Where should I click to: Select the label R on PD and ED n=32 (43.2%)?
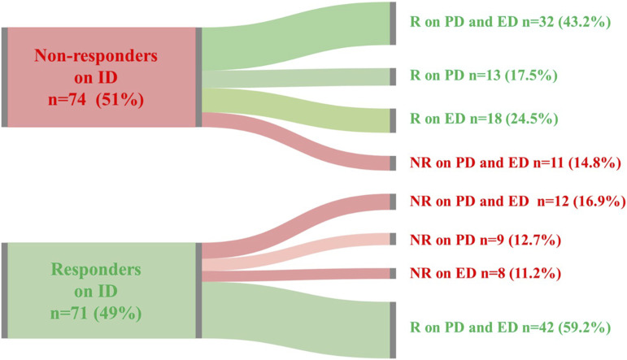[x=511, y=23]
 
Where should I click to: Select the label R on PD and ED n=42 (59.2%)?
[x=511, y=328]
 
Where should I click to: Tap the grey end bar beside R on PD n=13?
[x=394, y=76]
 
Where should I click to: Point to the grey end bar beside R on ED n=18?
[x=394, y=119]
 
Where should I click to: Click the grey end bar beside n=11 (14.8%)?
[x=394, y=162]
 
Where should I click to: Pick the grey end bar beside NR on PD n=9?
[x=394, y=239]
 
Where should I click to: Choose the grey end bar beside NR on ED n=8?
[x=394, y=274]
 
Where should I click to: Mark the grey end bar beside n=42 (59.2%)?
[x=394, y=328]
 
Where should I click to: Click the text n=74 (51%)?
[x=101, y=104]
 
